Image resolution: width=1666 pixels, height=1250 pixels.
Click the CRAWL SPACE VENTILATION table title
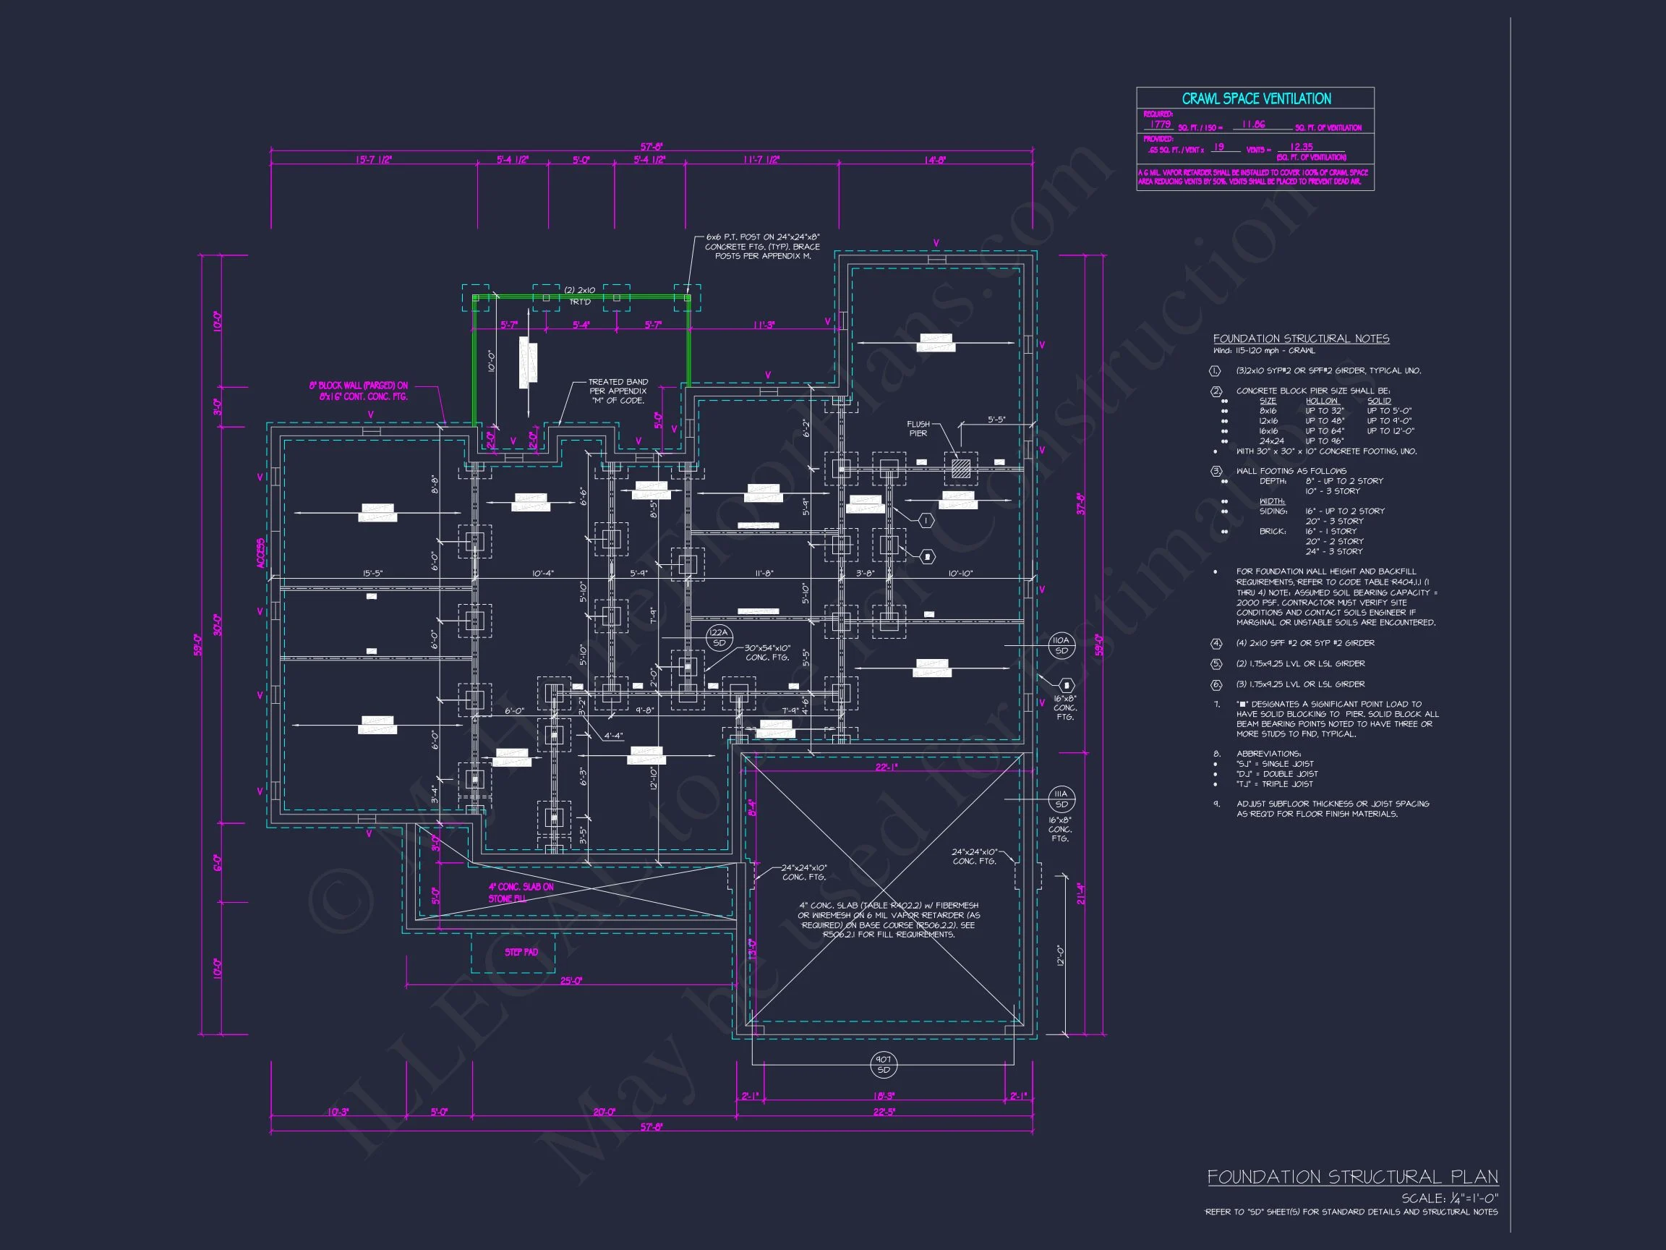coord(1255,98)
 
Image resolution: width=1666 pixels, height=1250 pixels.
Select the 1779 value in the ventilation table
coord(1160,124)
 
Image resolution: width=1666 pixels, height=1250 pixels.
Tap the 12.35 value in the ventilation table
coord(1302,147)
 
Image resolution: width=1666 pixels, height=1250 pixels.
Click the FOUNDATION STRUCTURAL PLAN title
coord(1352,1178)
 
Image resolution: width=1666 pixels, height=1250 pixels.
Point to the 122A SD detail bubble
coord(719,637)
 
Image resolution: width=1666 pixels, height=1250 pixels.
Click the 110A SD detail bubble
coord(1061,645)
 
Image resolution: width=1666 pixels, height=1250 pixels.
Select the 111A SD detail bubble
coord(1061,799)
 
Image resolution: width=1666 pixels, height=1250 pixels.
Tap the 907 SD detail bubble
coord(884,1065)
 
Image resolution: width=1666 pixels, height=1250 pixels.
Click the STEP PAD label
coord(521,953)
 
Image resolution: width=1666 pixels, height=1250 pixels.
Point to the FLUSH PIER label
coord(918,429)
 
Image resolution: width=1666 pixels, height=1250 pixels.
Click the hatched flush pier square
coord(960,469)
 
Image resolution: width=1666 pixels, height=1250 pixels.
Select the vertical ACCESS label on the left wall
coord(260,553)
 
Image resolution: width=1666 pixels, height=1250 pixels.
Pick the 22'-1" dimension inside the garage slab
coord(886,767)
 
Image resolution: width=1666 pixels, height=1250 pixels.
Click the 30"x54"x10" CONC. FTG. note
coord(767,652)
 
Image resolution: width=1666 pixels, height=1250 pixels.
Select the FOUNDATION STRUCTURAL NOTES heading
coord(1301,339)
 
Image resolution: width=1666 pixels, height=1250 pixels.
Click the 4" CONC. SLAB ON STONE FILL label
coord(521,892)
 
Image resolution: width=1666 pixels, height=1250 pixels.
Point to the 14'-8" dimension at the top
coord(935,160)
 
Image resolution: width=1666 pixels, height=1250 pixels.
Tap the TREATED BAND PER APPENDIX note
coord(618,391)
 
